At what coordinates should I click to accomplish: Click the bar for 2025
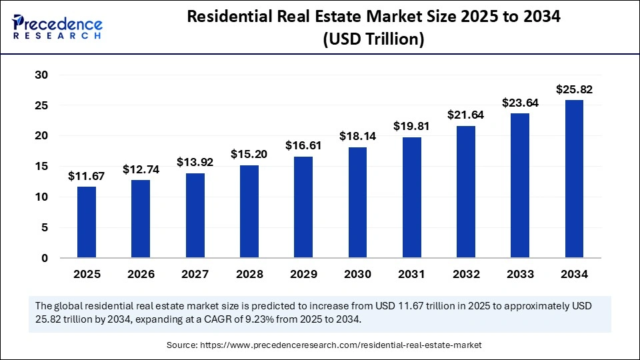click(x=87, y=222)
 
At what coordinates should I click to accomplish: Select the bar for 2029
click(x=303, y=207)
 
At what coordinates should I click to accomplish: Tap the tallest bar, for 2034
click(x=574, y=179)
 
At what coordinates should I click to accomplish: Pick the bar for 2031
click(x=412, y=197)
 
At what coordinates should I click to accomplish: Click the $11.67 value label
click(x=86, y=177)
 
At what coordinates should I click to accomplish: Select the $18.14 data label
click(x=357, y=137)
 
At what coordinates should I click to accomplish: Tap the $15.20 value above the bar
click(x=249, y=155)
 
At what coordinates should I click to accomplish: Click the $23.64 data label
click(x=520, y=103)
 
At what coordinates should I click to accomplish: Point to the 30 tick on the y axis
click(x=41, y=75)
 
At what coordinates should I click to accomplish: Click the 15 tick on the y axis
click(x=41, y=167)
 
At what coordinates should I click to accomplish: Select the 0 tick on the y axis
click(x=44, y=258)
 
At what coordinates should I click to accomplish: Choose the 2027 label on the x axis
click(x=195, y=274)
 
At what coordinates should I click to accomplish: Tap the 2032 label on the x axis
click(x=466, y=274)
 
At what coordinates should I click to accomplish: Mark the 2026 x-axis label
click(x=141, y=274)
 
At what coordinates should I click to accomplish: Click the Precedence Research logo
click(x=57, y=27)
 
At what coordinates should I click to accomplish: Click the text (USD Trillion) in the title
click(x=373, y=39)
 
